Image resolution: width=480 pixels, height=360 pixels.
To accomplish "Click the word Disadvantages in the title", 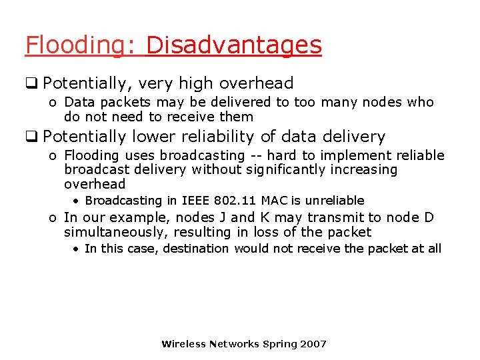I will click(x=233, y=46).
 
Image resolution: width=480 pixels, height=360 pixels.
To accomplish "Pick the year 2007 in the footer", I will click(x=313, y=344).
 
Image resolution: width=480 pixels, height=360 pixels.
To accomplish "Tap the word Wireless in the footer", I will click(x=183, y=344).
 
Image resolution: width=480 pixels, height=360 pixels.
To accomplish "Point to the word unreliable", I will click(x=335, y=201).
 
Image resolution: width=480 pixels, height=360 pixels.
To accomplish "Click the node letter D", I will click(x=429, y=218).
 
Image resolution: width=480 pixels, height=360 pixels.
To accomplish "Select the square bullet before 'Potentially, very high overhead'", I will click(x=31, y=84).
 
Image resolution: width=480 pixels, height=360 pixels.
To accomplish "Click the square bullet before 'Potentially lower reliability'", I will click(x=31, y=137).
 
